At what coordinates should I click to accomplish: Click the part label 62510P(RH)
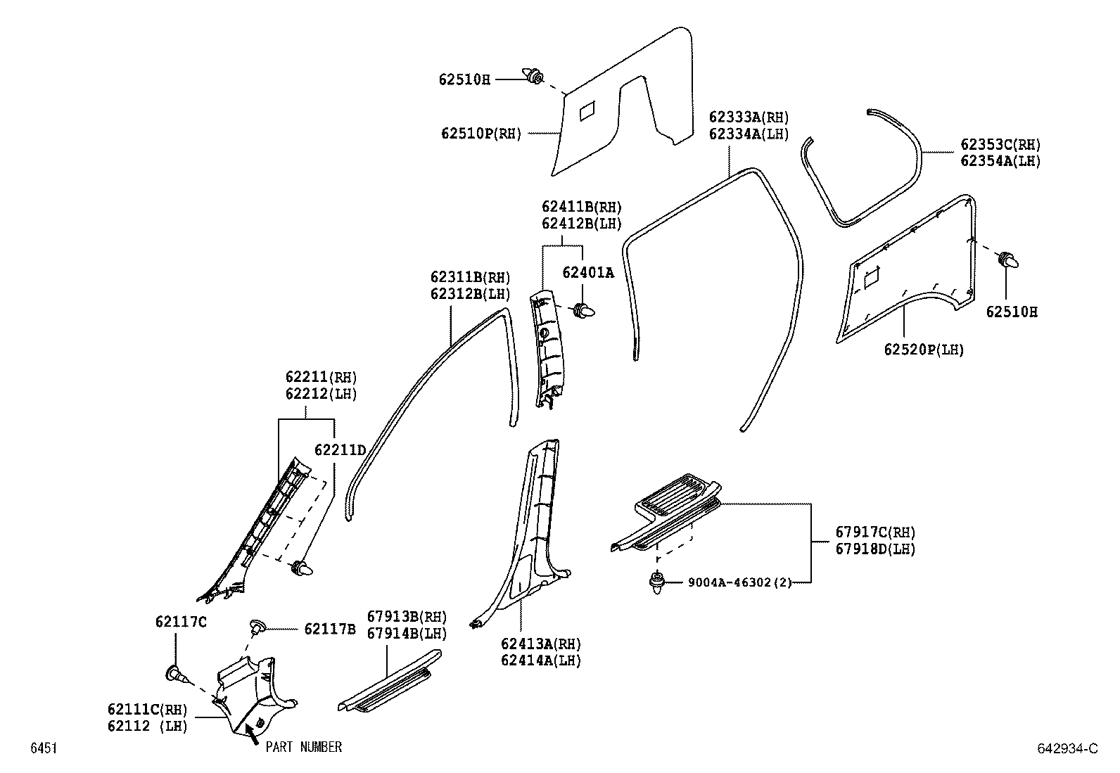[481, 134]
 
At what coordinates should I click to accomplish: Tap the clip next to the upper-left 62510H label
[533, 75]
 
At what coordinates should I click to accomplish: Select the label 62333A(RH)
[749, 117]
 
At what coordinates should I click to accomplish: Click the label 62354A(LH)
[1000, 161]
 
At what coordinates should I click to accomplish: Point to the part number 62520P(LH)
[924, 350]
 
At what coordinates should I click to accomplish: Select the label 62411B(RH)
[581, 207]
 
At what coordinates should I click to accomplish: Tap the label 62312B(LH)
[470, 294]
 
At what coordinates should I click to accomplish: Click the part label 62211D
[340, 450]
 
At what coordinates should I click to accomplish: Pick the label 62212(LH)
[321, 394]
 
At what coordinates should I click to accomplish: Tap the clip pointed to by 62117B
[257, 626]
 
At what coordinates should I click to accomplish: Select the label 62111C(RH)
[147, 709]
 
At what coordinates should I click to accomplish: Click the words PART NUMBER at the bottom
[303, 747]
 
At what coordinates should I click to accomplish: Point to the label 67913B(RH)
[407, 617]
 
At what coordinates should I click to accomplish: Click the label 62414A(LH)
[541, 660]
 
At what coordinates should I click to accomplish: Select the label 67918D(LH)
[875, 549]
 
